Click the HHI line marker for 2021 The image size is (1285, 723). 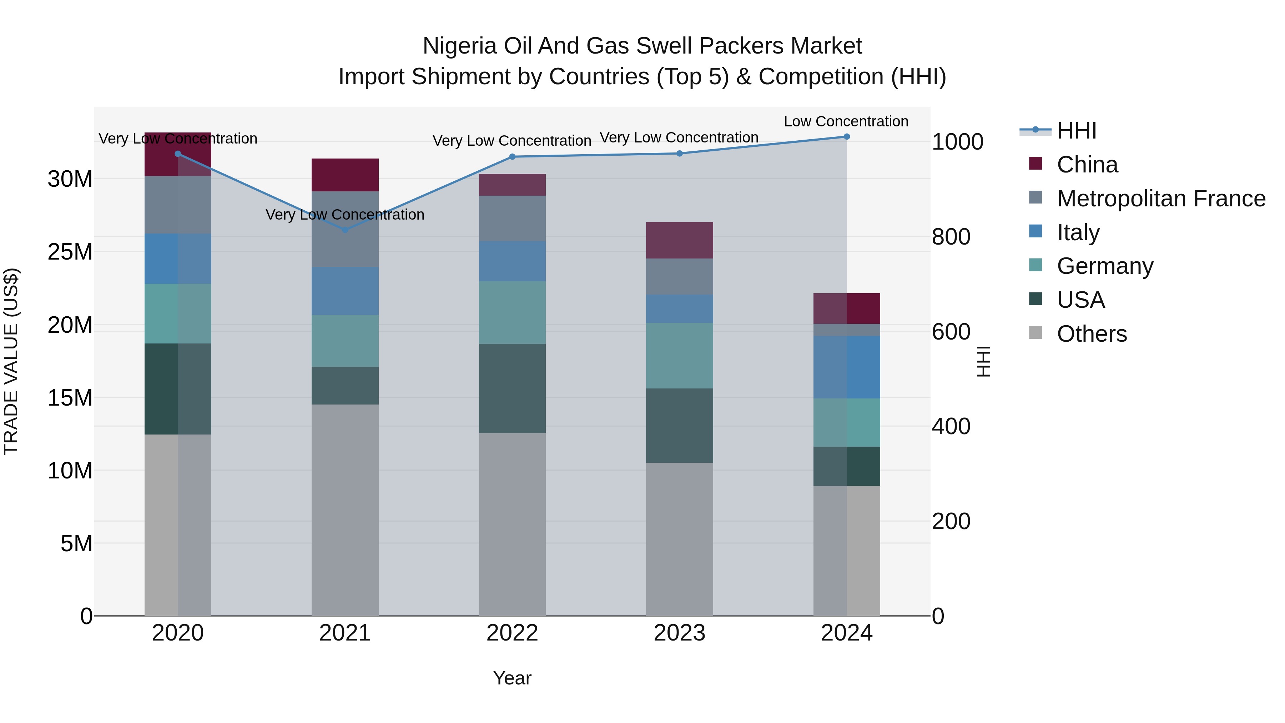[345, 230]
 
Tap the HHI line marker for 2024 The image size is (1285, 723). [847, 137]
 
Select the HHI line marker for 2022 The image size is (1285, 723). [512, 157]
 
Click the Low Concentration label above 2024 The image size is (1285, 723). [846, 121]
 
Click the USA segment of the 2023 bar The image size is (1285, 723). [679, 425]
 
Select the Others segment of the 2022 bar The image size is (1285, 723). [512, 524]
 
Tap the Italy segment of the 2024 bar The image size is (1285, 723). [847, 367]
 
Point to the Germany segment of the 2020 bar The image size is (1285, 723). [178, 313]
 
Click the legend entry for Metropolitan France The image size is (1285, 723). [1161, 199]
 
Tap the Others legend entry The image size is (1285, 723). [1092, 334]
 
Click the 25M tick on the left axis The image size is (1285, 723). [70, 252]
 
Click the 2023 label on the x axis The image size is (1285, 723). [679, 633]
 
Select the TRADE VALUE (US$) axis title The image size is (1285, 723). [11, 361]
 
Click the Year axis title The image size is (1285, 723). [512, 678]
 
